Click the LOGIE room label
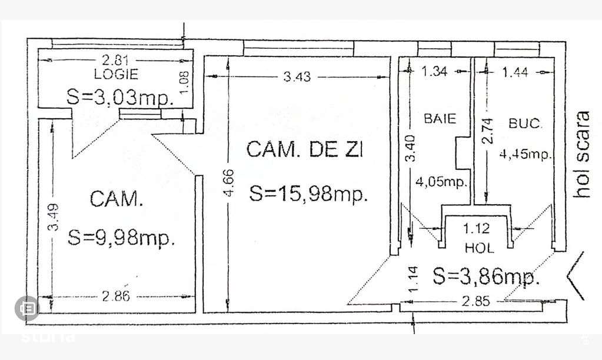click(116, 74)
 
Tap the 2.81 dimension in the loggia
click(115, 59)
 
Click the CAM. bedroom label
click(117, 199)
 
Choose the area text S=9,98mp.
click(122, 237)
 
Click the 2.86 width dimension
click(115, 296)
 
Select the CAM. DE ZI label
click(305, 150)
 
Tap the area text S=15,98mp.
click(308, 193)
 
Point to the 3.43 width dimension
click(298, 76)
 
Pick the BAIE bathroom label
click(440, 118)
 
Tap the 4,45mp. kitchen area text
click(525, 155)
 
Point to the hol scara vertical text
click(583, 154)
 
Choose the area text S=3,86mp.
click(486, 275)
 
